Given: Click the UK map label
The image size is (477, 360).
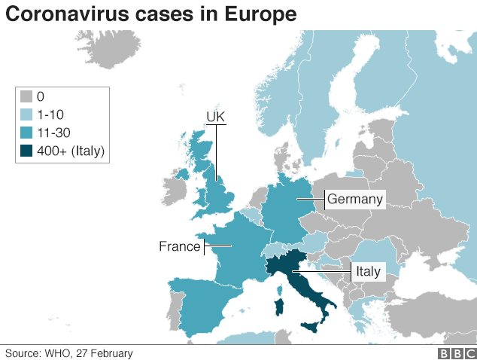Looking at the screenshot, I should (x=216, y=117).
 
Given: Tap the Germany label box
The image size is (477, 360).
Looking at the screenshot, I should (x=354, y=200).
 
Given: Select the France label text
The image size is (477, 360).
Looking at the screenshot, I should (x=180, y=246).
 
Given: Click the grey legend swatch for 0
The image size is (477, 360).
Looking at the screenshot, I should (x=26, y=97).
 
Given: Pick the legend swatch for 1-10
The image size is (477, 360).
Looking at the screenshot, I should (x=26, y=114).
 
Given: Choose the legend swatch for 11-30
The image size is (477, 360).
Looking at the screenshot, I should (x=26, y=133).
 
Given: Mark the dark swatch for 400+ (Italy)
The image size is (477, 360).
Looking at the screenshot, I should (x=26, y=151).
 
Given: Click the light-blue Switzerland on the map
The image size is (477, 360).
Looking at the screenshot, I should (x=279, y=249).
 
